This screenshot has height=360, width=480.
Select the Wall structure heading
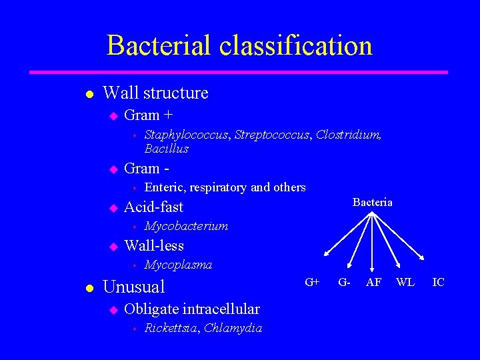tap(155, 93)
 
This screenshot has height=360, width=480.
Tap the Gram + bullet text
tap(149, 115)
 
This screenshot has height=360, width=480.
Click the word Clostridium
tap(349, 135)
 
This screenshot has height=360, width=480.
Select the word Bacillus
tap(166, 149)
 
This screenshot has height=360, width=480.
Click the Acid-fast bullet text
tap(153, 207)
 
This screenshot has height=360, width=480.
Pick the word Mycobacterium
tap(186, 226)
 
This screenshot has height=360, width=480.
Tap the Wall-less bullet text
tap(154, 246)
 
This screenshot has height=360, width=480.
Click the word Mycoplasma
tap(178, 265)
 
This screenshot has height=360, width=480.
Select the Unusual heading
tap(134, 287)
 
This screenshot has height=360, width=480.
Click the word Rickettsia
tap(171, 327)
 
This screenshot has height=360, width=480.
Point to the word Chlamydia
tap(233, 327)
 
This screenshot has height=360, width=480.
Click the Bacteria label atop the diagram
tap(372, 202)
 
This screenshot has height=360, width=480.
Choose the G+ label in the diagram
tap(312, 282)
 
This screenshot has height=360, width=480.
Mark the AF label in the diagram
tap(374, 282)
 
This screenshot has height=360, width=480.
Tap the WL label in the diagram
tap(405, 282)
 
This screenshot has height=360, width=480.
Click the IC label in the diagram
tap(438, 282)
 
